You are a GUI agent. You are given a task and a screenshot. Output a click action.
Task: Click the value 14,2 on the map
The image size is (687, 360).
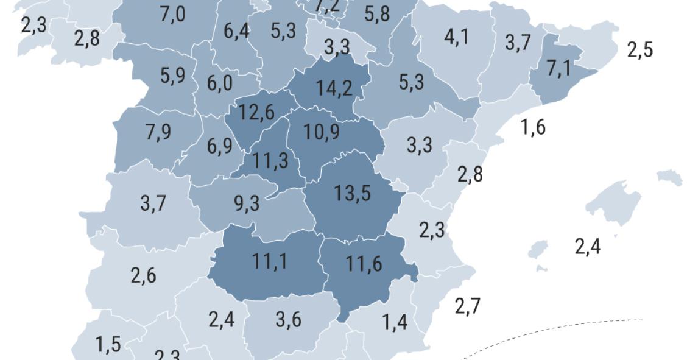334,88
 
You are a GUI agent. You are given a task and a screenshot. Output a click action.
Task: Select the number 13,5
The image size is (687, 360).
352,193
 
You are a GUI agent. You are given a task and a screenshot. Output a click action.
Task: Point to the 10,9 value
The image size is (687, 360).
322,132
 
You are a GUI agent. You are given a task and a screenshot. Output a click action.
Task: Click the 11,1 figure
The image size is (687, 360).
269,261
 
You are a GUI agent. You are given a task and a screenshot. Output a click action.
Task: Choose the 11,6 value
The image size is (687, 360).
364,264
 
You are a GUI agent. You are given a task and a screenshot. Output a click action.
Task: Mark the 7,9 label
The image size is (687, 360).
158,132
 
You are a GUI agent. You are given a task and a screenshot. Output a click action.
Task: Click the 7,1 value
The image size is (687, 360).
559,68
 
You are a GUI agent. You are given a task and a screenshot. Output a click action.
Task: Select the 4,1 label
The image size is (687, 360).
457,37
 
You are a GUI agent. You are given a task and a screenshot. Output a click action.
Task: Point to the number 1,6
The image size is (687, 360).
533,128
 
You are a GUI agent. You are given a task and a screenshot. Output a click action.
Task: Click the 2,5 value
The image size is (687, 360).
640,50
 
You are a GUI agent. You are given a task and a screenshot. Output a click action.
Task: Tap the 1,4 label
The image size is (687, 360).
394,322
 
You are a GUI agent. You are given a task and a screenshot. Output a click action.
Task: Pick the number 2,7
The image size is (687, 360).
467,306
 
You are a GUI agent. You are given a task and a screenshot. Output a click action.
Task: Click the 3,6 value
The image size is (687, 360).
288,320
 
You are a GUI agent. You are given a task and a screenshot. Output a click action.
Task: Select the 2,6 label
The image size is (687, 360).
143,275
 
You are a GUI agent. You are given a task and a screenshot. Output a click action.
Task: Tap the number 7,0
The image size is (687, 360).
172,14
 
